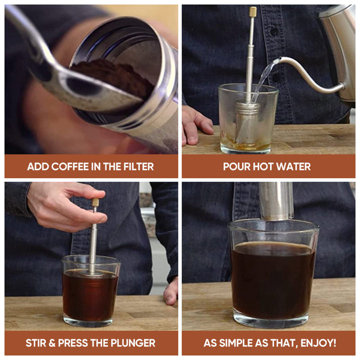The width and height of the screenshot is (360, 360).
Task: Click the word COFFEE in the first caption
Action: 68,166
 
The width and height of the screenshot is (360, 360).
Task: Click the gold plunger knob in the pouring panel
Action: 253,11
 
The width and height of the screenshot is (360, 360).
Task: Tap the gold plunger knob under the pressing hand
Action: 95,202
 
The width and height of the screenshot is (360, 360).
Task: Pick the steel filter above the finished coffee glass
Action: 275,200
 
